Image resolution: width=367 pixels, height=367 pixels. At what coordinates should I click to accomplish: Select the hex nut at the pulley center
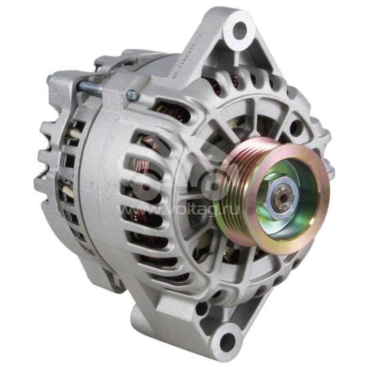tap(281, 198)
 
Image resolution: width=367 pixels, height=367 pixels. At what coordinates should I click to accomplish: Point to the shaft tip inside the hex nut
tap(283, 199)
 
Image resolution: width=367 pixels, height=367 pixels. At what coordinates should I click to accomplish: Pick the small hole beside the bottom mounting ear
tap(202, 308)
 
